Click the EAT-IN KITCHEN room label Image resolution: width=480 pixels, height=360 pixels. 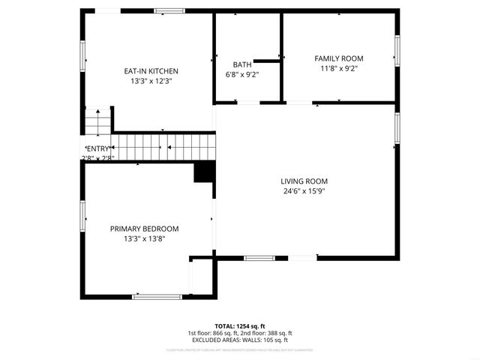pos(151,71)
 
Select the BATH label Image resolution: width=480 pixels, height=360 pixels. pos(242,65)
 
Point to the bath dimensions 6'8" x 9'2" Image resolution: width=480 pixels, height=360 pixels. pos(242,75)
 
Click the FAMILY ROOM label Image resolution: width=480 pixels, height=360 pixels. pos(338,58)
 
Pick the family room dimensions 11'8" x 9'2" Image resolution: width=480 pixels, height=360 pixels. pos(338,68)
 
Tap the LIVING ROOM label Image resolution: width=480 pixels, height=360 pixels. pos(304,181)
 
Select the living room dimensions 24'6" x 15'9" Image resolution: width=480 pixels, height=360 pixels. pos(304,190)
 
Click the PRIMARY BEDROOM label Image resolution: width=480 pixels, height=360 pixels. pos(145,229)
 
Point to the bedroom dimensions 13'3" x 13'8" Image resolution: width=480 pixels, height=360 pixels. pos(145,238)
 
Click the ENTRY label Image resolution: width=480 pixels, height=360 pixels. pos(98,148)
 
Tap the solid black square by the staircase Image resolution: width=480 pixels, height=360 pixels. pos(204,172)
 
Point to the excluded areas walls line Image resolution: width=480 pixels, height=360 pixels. pos(239,340)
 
